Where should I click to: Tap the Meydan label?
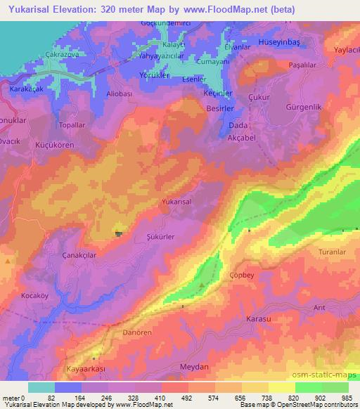point(176,367)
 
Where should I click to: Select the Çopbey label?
point(241,276)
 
